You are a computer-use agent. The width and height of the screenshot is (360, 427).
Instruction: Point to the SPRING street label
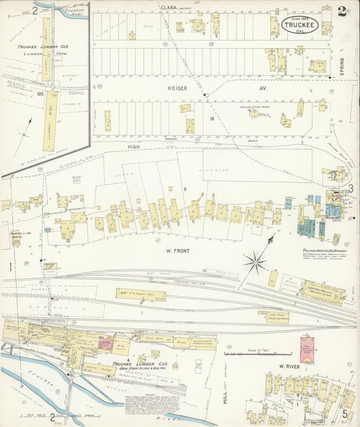[x=342, y=66]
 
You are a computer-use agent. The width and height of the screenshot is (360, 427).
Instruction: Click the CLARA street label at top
[x=168, y=7]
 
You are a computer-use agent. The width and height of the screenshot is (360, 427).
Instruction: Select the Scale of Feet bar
[x=248, y=353]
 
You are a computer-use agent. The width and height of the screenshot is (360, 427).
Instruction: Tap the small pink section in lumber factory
[x=106, y=343]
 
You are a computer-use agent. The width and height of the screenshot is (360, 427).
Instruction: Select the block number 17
[x=211, y=45]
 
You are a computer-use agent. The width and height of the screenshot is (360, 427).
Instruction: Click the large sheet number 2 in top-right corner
[x=342, y=10]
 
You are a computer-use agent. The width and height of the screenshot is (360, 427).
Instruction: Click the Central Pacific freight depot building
[x=322, y=293]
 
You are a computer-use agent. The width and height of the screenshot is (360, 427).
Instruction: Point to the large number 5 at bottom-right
[x=344, y=413]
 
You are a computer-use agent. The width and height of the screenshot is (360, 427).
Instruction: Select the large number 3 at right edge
[x=350, y=188]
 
